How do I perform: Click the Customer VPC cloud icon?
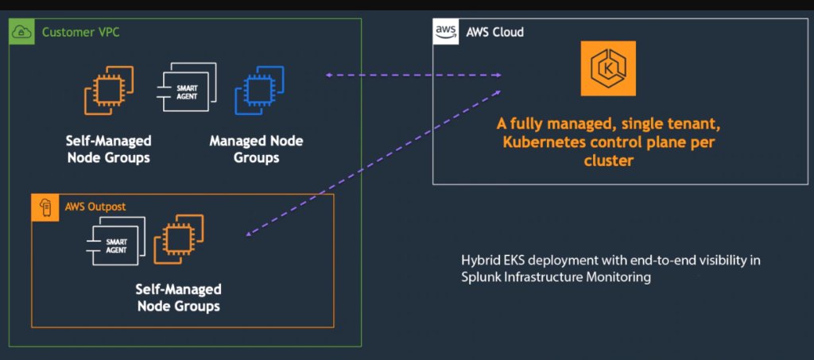tap(21, 32)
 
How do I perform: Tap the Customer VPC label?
tap(81, 33)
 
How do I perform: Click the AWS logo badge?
tap(444, 32)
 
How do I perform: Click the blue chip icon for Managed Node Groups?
tap(259, 91)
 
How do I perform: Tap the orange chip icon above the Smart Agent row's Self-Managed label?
tap(109, 90)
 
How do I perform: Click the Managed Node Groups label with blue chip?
tap(256, 149)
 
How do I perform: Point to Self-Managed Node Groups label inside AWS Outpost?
tap(179, 297)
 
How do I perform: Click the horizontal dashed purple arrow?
tap(413, 76)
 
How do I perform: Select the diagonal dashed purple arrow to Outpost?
tap(374, 168)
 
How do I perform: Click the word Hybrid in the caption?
tap(480, 261)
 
